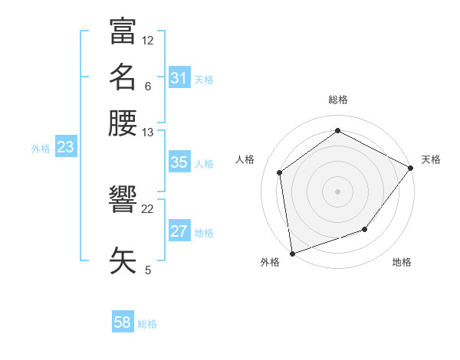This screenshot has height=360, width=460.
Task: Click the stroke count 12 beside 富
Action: point(148,40)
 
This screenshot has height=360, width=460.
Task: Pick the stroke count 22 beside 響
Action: point(148,208)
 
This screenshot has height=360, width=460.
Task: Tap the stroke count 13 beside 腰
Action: point(148,132)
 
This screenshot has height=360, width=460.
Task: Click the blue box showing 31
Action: point(179,78)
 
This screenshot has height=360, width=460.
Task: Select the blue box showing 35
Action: point(179,162)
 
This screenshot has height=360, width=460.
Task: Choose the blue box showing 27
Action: point(179,231)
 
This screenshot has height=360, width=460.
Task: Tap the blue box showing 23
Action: point(65,148)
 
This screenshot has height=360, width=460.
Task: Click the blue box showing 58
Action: point(123,322)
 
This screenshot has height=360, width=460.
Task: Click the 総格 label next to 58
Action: point(147,324)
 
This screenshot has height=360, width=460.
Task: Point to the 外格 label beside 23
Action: point(41,149)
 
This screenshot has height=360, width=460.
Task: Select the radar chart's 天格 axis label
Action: point(431,159)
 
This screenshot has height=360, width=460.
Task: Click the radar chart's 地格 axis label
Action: point(402,263)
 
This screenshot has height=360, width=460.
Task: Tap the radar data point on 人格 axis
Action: point(280,172)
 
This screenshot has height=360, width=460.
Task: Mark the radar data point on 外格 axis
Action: point(292,253)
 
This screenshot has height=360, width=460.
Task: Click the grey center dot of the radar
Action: point(337,191)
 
